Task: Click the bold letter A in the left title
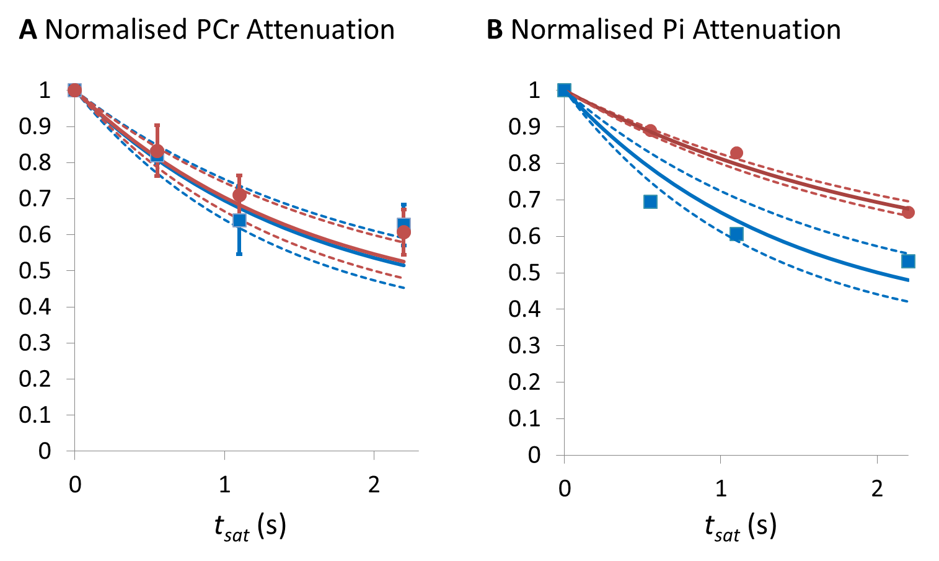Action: tap(29, 30)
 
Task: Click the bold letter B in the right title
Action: tap(495, 30)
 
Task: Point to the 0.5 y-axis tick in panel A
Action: tap(35, 271)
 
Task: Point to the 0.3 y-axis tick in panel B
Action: tap(524, 345)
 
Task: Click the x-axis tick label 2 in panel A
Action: tap(374, 485)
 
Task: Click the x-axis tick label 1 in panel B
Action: tap(721, 488)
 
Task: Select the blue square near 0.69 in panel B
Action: tap(650, 201)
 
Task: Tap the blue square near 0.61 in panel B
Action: tap(736, 234)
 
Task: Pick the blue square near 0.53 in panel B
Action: tap(908, 261)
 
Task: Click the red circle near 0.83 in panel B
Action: tap(736, 153)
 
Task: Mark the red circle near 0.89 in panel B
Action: tap(650, 130)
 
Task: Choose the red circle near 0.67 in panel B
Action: tap(909, 213)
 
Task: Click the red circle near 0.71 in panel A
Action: tap(239, 195)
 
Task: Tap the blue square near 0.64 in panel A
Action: tap(239, 221)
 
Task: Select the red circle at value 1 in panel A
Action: tap(75, 91)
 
